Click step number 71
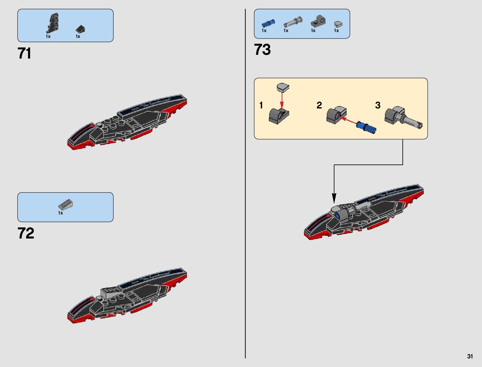pyautogui.click(x=25, y=54)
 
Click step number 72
pyautogui.click(x=26, y=233)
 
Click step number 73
pyautogui.click(x=262, y=50)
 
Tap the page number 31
pyautogui.click(x=470, y=356)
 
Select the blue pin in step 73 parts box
pyautogui.click(x=268, y=23)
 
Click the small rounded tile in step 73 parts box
pyautogui.click(x=338, y=24)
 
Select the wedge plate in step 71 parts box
pyautogui.click(x=52, y=23)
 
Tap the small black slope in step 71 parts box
pyautogui.click(x=80, y=29)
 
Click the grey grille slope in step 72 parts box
pyautogui.click(x=65, y=204)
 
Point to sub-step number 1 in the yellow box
pyautogui.click(x=261, y=105)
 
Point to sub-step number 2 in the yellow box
pyautogui.click(x=319, y=105)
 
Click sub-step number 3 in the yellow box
pyautogui.click(x=378, y=105)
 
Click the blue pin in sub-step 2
pyautogui.click(x=367, y=127)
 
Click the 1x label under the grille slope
pyautogui.click(x=60, y=213)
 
